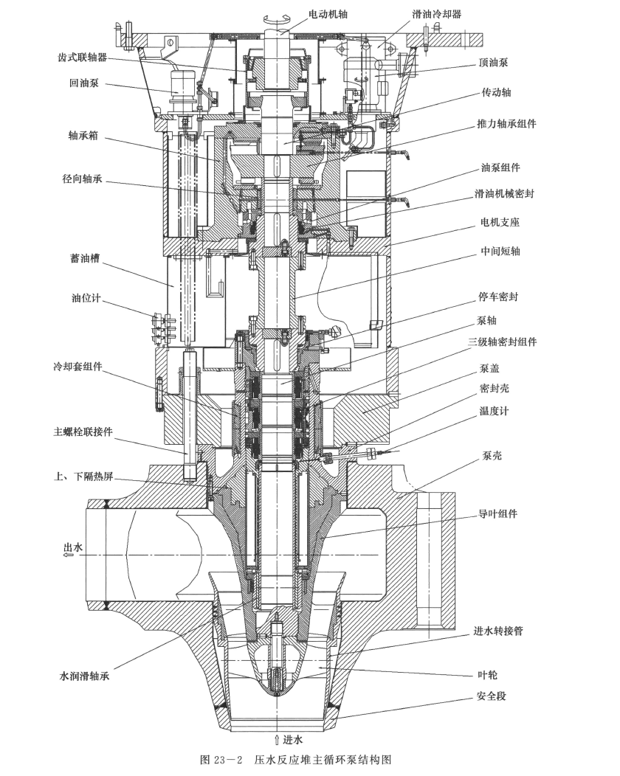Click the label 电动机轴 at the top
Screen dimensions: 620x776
328,14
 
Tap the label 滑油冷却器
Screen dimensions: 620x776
437,14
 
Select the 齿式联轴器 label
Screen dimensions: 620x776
83,57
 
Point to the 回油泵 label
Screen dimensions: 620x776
84,83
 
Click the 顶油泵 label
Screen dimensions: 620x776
494,63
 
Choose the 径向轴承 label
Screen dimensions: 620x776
82,179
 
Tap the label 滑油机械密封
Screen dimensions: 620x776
505,193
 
